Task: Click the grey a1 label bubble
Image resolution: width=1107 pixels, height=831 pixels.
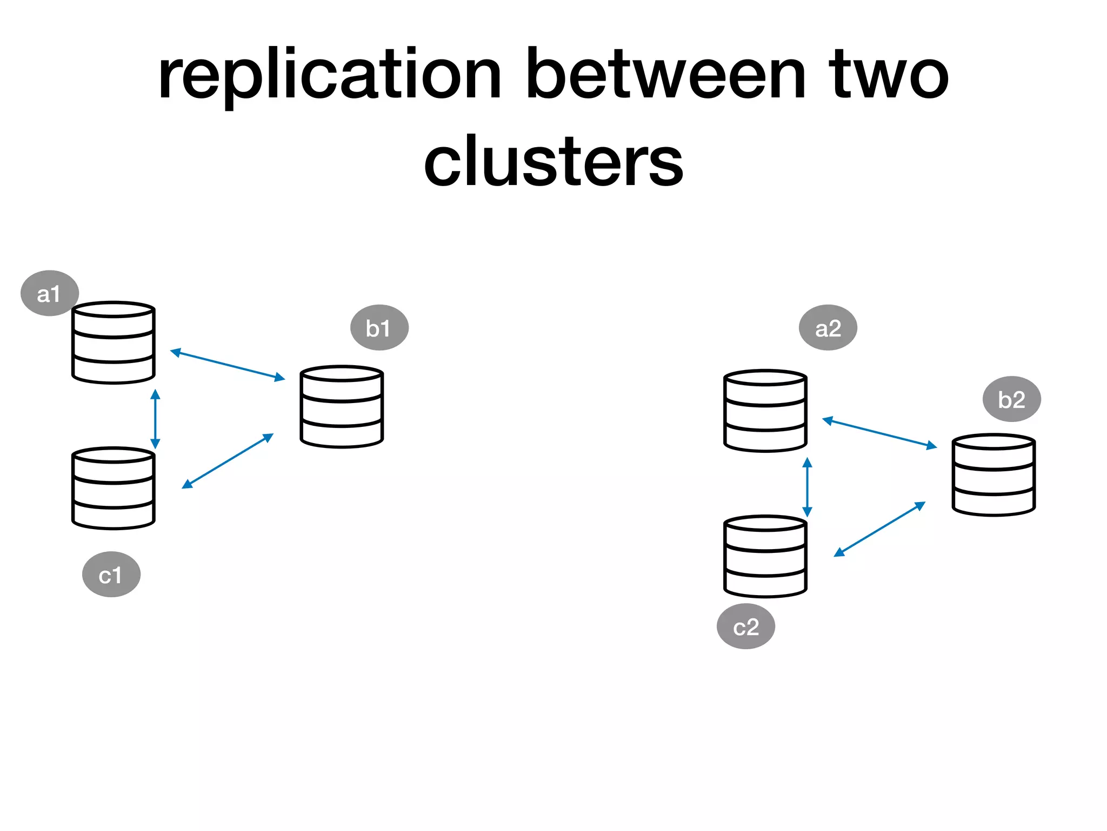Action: (49, 293)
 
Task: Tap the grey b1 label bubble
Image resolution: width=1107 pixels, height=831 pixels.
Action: (379, 328)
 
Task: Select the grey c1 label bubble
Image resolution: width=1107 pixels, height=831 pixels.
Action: (111, 575)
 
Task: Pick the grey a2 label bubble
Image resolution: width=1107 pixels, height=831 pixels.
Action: (828, 328)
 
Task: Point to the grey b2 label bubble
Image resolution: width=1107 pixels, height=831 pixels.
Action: (1011, 399)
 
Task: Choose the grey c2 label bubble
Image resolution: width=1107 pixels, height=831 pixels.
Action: (745, 626)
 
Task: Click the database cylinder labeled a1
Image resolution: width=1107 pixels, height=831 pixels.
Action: (114, 342)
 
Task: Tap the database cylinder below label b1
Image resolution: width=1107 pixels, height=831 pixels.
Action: (342, 407)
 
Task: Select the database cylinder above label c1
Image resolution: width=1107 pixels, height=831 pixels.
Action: (114, 488)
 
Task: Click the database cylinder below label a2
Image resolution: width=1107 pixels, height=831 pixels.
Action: (765, 411)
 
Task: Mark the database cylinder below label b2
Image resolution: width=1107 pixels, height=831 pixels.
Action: (993, 474)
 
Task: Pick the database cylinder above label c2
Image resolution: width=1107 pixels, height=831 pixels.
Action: (765, 556)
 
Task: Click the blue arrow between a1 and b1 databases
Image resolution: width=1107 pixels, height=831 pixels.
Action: (227, 365)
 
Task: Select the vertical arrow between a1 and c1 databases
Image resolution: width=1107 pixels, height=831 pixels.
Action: (155, 419)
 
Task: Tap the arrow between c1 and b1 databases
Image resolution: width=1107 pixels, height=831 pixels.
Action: (228, 461)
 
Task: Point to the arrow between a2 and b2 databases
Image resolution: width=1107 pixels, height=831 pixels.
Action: (879, 433)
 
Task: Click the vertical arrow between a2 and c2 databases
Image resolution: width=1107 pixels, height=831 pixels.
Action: (807, 487)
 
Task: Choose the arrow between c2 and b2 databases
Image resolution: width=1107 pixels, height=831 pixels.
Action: (879, 529)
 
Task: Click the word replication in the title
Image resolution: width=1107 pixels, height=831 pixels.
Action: (330, 76)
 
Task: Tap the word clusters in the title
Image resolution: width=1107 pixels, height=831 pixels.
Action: (553, 162)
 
